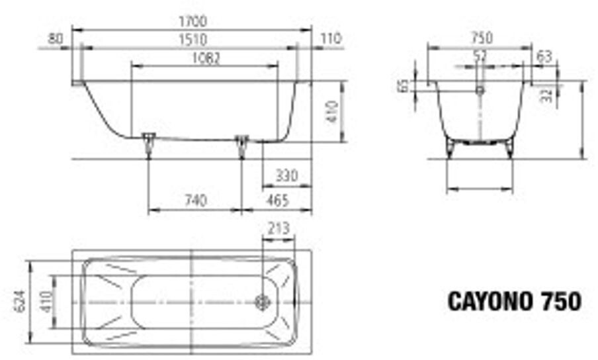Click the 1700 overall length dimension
pos(191,22)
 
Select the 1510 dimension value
pos(191,40)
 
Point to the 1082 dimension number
pos(205,58)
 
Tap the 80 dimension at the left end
pos(56,39)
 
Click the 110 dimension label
pos(330,39)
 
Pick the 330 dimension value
pos(286,176)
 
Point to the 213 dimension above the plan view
pos(278,229)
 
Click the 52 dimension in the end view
pos(480,57)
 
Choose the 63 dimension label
pos(544,57)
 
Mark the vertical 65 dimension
pos(403,85)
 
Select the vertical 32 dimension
pos(546,95)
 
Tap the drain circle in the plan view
pos(263,302)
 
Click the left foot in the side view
pos(148,141)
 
